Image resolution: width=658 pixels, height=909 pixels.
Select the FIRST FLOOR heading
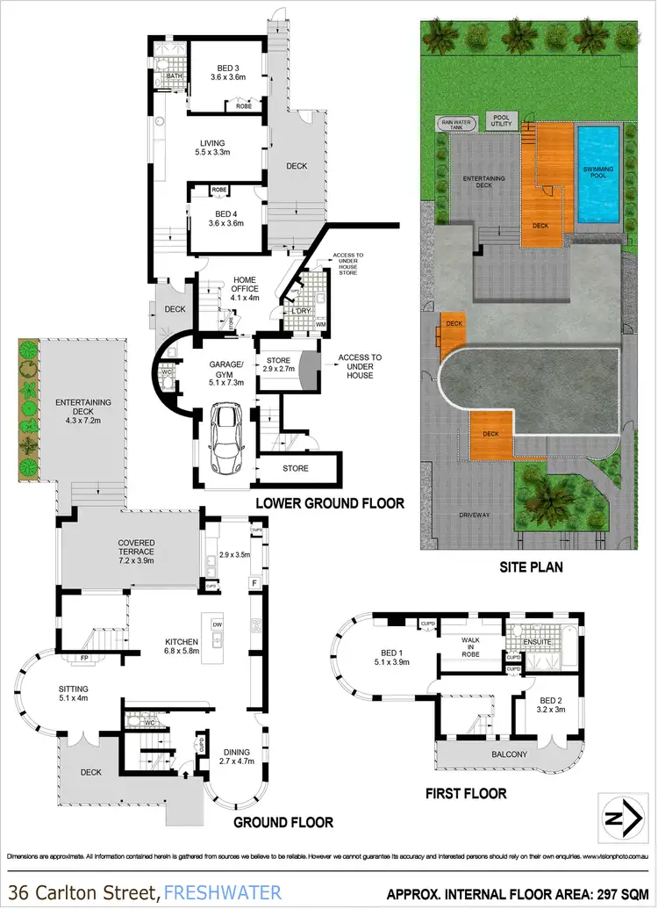(466, 793)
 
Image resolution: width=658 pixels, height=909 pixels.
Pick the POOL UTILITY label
(501, 121)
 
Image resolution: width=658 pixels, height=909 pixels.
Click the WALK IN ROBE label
(471, 646)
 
